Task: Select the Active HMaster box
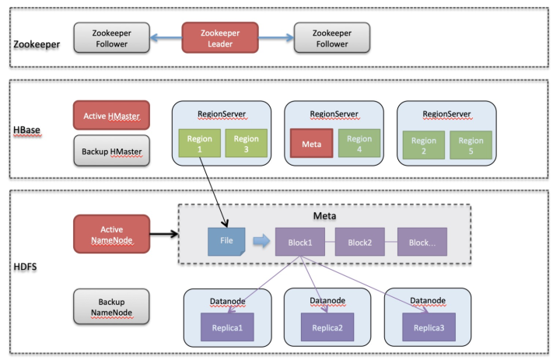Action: click(111, 115)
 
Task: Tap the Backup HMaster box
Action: click(111, 148)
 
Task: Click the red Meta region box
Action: click(311, 144)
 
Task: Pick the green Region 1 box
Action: click(199, 143)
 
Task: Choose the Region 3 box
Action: click(247, 143)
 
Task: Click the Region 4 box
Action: click(359, 144)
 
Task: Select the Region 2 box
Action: click(424, 146)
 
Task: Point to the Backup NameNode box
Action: click(111, 306)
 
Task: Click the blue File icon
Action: click(226, 243)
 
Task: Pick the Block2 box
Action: click(359, 243)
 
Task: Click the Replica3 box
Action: click(429, 327)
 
